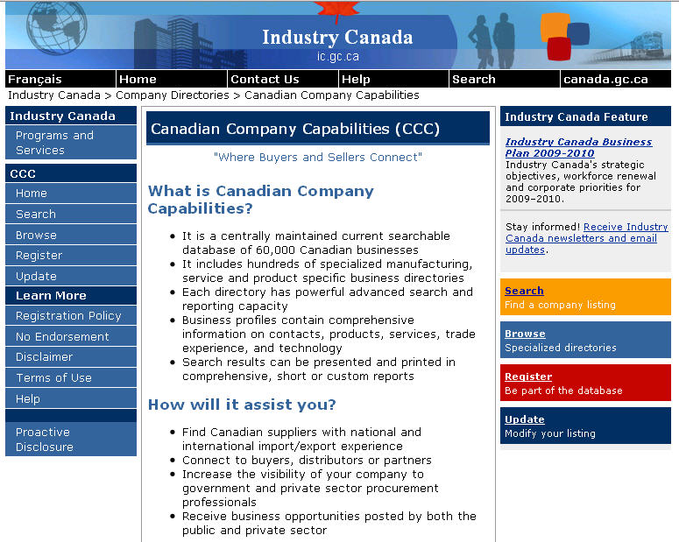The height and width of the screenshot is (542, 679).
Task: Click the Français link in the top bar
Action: (x=34, y=79)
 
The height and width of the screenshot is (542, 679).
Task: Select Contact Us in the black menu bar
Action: (x=265, y=79)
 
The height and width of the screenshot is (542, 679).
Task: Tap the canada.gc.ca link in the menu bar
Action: (x=605, y=79)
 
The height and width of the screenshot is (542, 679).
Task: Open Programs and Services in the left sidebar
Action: (x=54, y=143)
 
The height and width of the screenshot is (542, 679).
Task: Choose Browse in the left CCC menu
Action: (x=36, y=235)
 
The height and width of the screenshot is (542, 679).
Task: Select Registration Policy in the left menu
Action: (x=68, y=315)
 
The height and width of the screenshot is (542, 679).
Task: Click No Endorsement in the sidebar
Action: (x=62, y=336)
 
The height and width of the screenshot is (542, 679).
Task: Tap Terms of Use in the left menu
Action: (x=53, y=377)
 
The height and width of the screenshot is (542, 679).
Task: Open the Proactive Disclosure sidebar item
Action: (x=44, y=439)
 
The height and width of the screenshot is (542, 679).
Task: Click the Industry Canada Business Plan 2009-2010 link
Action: (x=578, y=147)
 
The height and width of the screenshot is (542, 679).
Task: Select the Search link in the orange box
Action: (x=524, y=291)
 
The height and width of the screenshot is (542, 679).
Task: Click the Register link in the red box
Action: (x=528, y=377)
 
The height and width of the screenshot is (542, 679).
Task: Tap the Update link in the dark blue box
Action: (x=524, y=419)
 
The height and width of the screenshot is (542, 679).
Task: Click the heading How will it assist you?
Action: (x=242, y=405)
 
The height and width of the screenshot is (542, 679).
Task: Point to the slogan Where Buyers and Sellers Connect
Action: (x=317, y=157)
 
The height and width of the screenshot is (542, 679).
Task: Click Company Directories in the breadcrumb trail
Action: (x=172, y=95)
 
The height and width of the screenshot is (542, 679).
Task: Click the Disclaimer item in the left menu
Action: (x=44, y=356)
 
